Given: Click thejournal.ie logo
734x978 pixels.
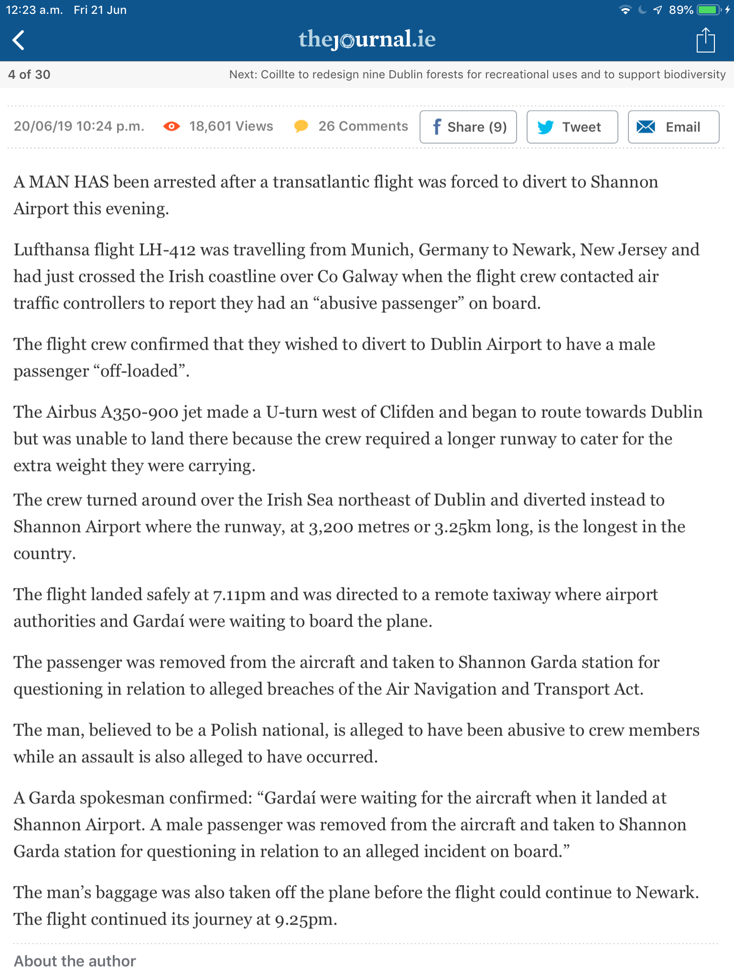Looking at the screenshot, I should (x=367, y=39).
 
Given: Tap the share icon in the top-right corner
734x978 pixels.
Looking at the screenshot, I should (x=705, y=40).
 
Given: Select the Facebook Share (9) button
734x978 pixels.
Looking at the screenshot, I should (x=468, y=127).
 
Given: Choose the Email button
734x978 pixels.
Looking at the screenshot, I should (x=673, y=127).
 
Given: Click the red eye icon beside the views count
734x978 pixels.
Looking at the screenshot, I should (x=172, y=127).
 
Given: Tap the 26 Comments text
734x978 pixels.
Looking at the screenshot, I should (x=363, y=126).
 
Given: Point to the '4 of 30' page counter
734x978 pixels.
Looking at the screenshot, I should (x=29, y=74).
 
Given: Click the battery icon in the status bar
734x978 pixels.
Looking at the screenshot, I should (x=709, y=10).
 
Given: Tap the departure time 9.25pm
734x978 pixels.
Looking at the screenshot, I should (x=306, y=919).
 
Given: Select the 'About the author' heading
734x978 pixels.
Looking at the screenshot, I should (x=75, y=961).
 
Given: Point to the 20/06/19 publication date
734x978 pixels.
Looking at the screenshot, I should (x=43, y=126).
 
